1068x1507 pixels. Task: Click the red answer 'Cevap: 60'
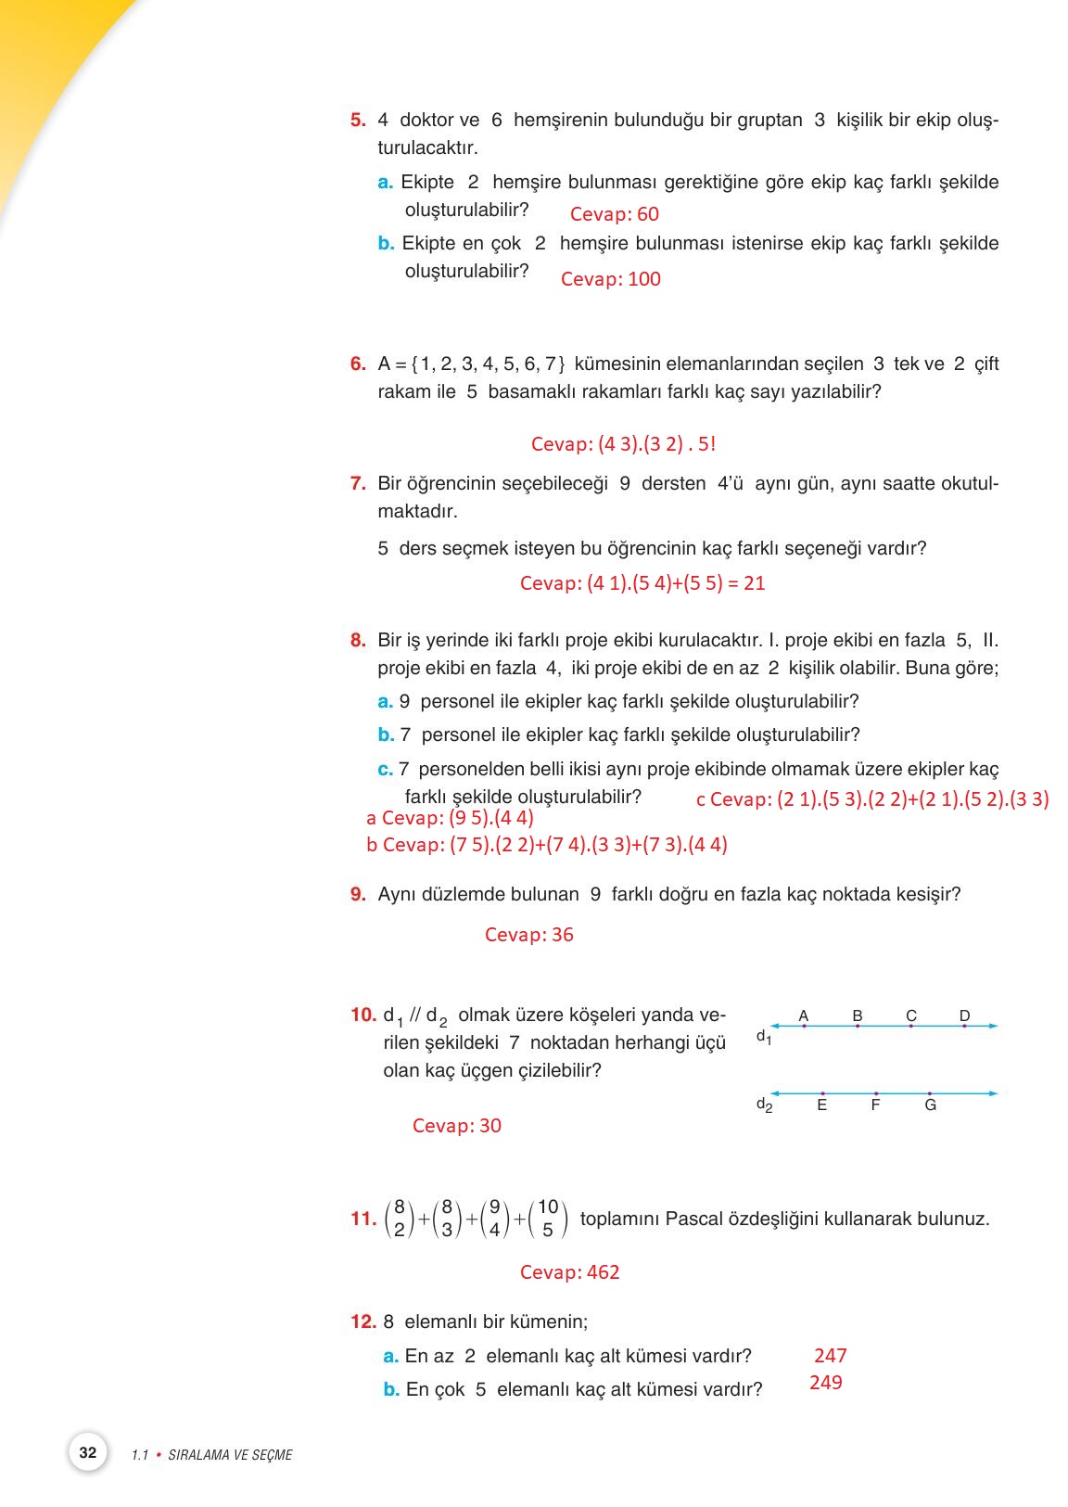coord(614,214)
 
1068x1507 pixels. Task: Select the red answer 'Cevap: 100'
coord(610,279)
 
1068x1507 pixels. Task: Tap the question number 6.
coord(358,364)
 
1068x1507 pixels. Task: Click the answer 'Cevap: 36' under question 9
coord(528,935)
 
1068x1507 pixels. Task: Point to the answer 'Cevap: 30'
coord(456,1126)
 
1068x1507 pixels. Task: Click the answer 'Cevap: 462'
coord(569,1272)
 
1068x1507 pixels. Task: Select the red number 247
coord(830,1356)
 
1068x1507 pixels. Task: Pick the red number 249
coord(825,1383)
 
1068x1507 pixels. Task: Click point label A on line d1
coord(803,1015)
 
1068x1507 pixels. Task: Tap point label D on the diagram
coord(964,1015)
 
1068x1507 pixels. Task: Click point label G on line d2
coord(930,1105)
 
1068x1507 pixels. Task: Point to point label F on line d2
coord(875,1105)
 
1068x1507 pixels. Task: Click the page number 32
coord(88,1452)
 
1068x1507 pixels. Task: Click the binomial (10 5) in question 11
coord(548,1219)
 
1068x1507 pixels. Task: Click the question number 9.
coord(358,895)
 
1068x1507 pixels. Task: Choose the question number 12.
coord(362,1322)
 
